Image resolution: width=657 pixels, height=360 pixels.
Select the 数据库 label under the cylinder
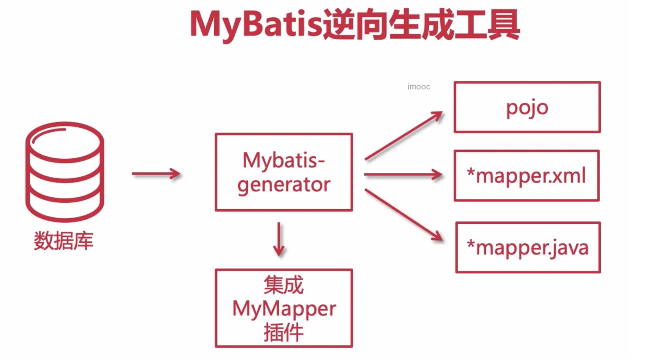[x=63, y=241]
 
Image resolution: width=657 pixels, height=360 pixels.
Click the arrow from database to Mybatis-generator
[x=156, y=174]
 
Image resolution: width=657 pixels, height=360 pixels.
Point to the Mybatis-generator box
[x=284, y=172]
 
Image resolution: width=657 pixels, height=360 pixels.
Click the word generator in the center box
[x=284, y=185]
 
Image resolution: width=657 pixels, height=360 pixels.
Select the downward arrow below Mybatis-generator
[x=279, y=239]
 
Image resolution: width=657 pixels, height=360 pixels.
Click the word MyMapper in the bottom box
[x=284, y=309]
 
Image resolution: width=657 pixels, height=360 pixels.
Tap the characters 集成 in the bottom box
[x=284, y=285]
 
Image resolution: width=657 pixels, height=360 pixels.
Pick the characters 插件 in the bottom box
[x=284, y=332]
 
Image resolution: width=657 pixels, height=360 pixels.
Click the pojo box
[x=527, y=107]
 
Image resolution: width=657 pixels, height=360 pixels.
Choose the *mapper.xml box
[x=527, y=176]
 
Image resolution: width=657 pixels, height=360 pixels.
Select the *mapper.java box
[x=528, y=247]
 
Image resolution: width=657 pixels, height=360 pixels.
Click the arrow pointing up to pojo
[x=403, y=136]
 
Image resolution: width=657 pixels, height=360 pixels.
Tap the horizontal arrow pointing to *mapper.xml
[x=403, y=174]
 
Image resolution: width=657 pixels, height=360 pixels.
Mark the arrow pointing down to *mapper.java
[x=404, y=215]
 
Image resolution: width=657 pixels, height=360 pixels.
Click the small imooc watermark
[x=419, y=87]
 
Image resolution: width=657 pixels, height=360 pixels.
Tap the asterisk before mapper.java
[x=471, y=244]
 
